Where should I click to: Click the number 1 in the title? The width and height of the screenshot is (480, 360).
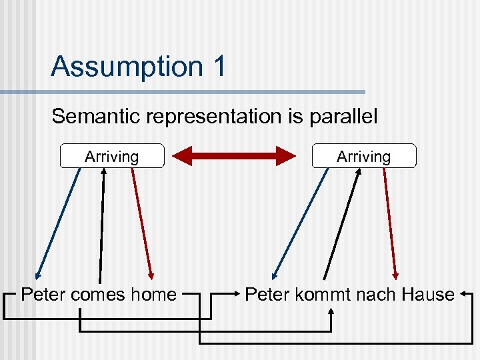(x=218, y=67)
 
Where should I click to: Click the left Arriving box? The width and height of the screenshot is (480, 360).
(x=112, y=156)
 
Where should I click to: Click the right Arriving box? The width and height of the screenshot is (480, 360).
(x=363, y=156)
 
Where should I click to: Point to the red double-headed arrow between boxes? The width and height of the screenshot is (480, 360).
(x=233, y=156)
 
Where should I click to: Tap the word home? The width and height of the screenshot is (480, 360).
(x=153, y=294)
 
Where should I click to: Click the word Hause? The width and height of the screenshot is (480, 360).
(x=427, y=294)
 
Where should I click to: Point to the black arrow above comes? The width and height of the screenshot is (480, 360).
(x=102, y=223)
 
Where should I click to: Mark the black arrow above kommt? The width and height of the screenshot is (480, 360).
(x=341, y=223)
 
